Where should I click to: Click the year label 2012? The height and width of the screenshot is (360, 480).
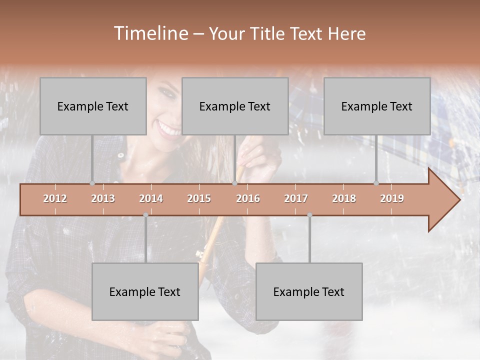(55, 198)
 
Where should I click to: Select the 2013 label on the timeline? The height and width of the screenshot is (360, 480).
(103, 198)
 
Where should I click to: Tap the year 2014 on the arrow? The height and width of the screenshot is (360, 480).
(151, 198)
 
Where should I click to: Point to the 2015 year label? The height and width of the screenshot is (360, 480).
(199, 198)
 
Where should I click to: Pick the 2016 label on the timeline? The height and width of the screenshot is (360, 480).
(248, 198)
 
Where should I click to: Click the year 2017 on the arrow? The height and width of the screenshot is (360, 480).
(296, 198)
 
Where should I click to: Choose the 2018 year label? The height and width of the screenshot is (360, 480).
(344, 198)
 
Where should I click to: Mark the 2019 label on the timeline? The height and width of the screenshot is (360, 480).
(392, 198)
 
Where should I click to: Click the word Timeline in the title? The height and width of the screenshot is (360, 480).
(150, 33)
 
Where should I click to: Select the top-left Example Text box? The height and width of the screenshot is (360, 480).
(93, 106)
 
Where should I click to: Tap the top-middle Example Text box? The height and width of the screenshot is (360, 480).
(235, 106)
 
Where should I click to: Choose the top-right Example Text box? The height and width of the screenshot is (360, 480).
(377, 106)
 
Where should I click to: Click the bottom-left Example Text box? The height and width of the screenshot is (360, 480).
(145, 291)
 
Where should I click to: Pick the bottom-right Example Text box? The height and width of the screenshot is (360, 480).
(309, 291)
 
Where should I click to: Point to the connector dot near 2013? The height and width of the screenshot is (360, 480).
(92, 183)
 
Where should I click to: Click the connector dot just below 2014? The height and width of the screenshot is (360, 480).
(145, 215)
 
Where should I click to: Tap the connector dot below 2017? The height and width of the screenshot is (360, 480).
(309, 215)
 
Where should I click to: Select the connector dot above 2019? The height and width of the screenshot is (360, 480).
(376, 183)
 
